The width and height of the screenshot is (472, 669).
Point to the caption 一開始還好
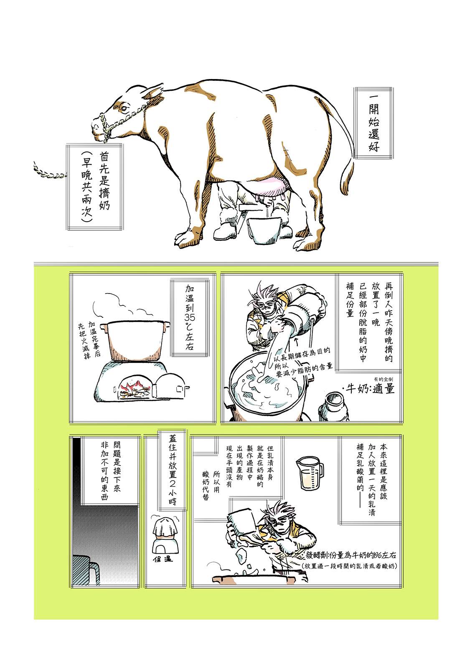373,123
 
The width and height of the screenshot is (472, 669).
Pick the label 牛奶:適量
370,388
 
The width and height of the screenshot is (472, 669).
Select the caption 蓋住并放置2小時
173,471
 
